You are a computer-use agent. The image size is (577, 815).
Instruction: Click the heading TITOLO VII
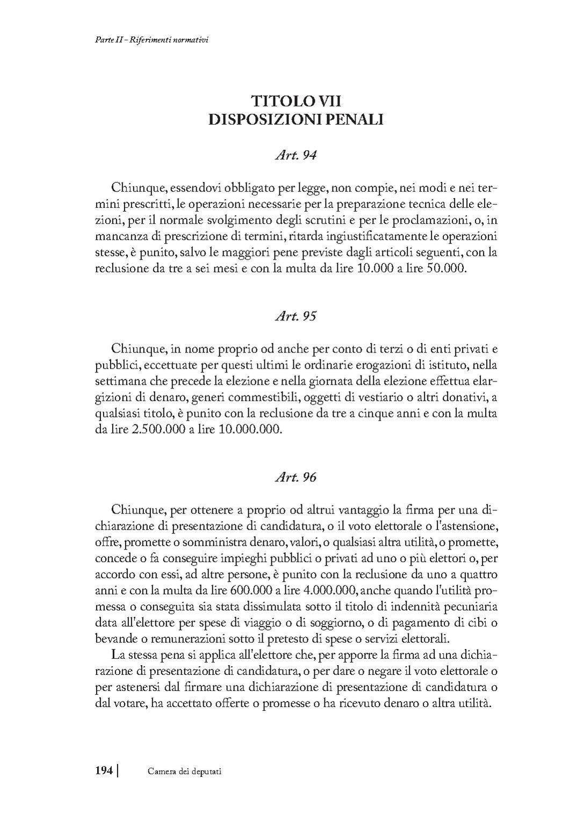(x=296, y=100)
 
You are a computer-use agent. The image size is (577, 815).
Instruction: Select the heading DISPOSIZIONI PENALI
(x=296, y=119)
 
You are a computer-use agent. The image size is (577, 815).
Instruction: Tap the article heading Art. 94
(x=295, y=155)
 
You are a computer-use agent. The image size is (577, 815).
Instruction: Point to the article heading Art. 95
(x=295, y=316)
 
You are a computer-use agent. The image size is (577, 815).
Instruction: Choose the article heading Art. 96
(x=295, y=477)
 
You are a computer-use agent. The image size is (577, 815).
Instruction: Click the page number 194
(x=103, y=771)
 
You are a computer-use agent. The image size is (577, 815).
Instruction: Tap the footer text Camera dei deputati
(x=185, y=771)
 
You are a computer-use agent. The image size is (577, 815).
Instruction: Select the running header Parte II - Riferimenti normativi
(x=148, y=40)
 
